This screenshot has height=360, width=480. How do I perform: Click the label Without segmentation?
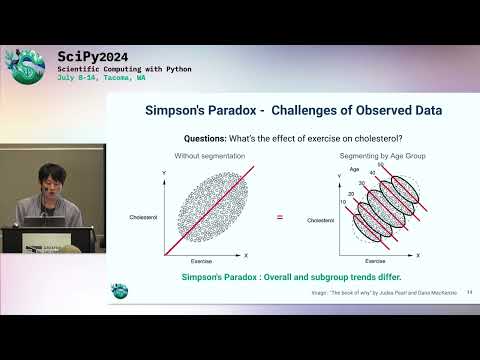pos(201,158)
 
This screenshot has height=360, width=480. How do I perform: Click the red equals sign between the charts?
pos(280,217)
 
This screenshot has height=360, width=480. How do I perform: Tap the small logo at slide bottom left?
pos(119,290)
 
